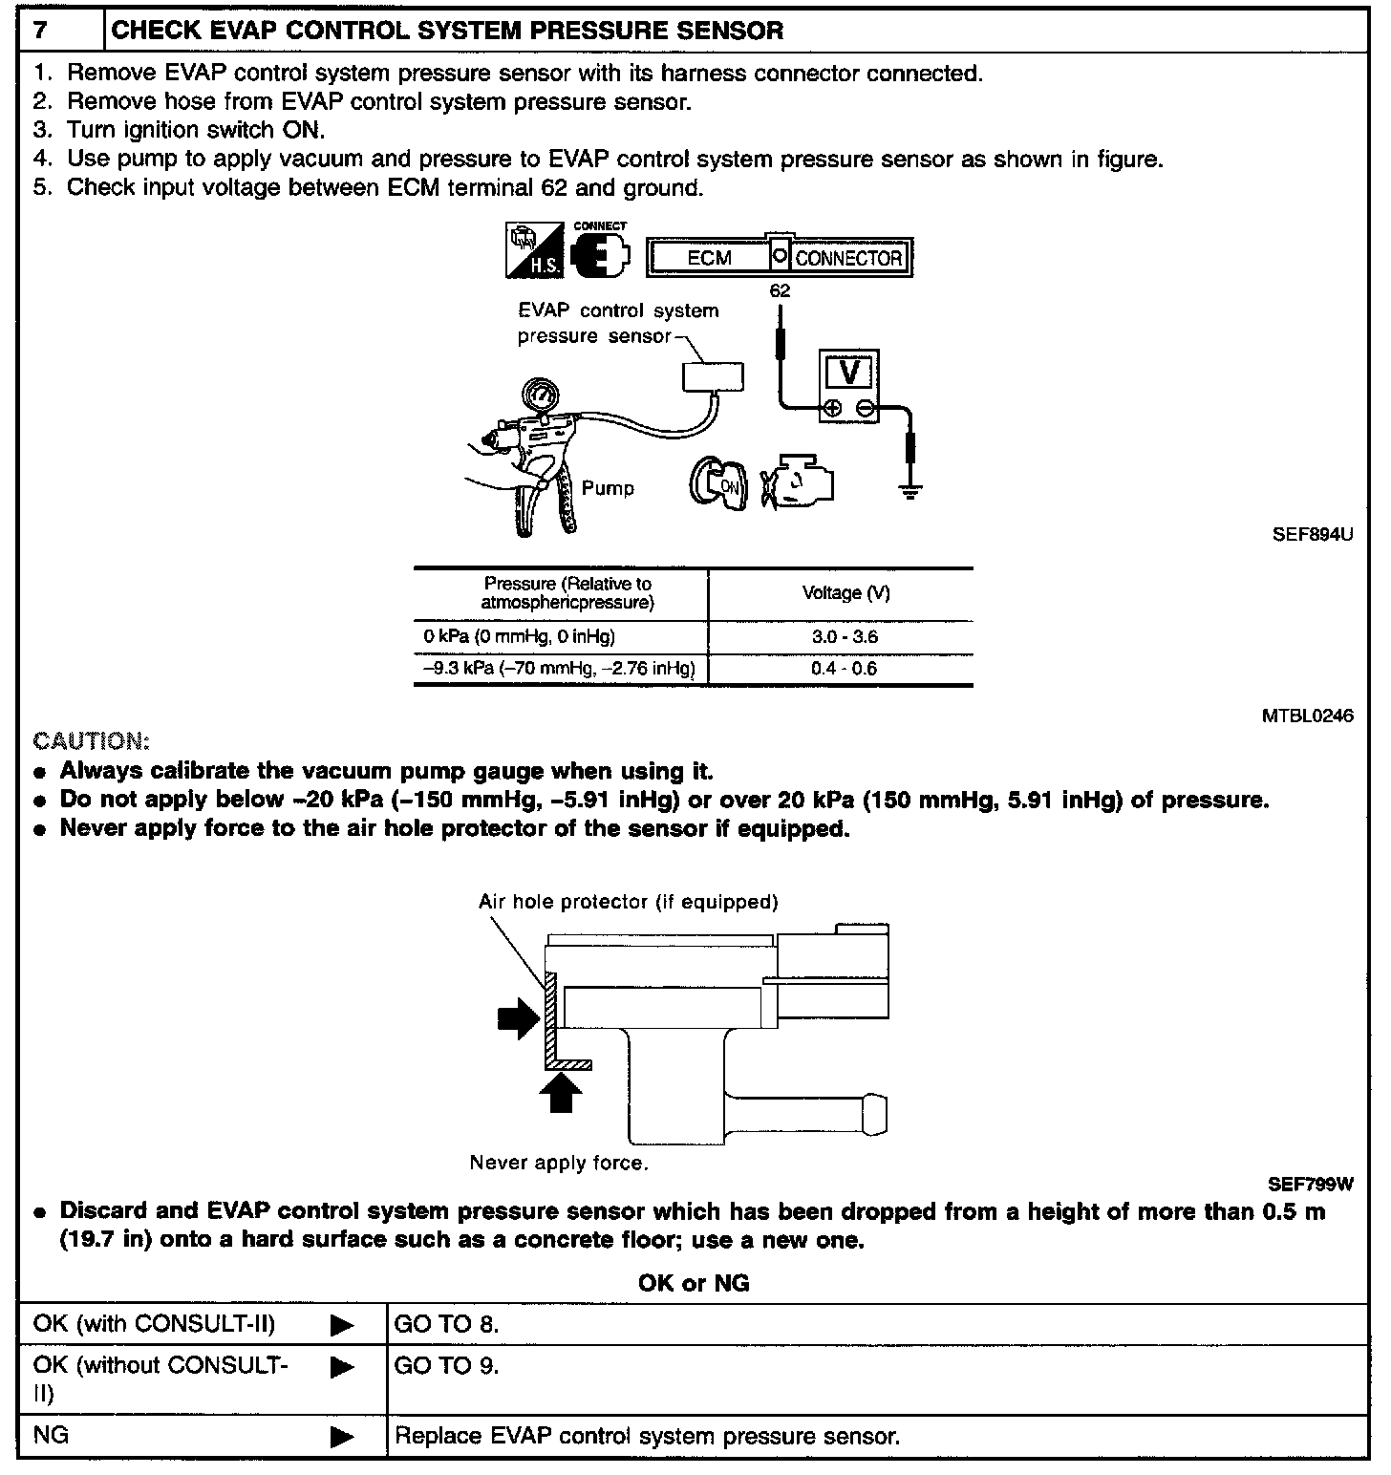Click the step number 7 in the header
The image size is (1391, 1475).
click(41, 31)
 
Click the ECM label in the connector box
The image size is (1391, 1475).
click(710, 258)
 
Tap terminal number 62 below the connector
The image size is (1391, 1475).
click(780, 290)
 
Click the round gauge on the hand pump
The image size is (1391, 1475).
click(541, 396)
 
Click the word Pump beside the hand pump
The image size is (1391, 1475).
click(608, 488)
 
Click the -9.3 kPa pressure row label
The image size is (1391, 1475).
click(560, 669)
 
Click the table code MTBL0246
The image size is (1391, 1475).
click(1307, 716)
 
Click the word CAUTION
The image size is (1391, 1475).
click(91, 741)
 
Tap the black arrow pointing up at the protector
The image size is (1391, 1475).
click(561, 1094)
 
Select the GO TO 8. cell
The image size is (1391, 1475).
click(447, 1324)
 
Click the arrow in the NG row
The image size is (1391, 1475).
click(341, 1436)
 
